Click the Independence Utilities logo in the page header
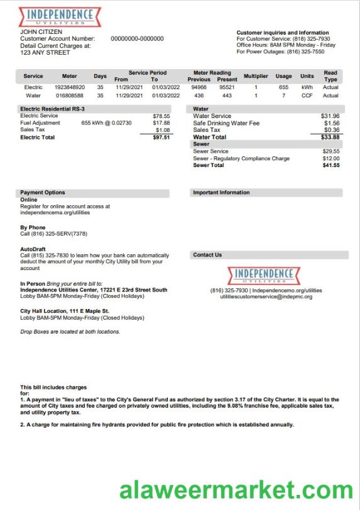coord(60,16)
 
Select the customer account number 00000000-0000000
coord(137,39)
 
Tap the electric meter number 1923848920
coord(70,87)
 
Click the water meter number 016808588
coord(70,95)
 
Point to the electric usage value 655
coord(283,87)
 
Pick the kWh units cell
coord(307,87)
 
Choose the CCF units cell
coord(307,95)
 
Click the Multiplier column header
coord(256,76)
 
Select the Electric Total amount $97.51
coord(161,137)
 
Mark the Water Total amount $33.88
coord(330,137)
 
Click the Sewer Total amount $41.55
coord(330,165)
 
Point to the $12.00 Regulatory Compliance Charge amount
coord(330,158)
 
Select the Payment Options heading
coord(43,193)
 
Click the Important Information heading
coord(221,193)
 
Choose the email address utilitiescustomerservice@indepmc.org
coord(266,296)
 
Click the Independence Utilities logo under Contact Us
coord(264,275)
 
